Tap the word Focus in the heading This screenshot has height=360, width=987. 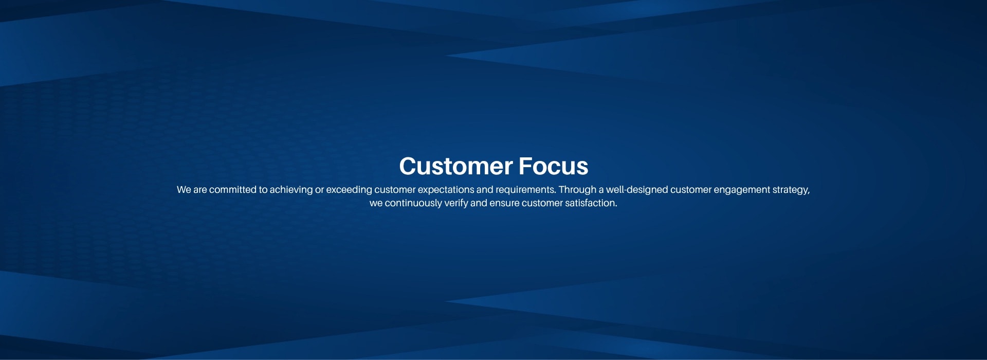553,166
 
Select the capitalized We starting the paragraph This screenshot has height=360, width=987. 184,190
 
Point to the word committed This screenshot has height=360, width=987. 232,190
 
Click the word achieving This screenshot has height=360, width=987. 291,190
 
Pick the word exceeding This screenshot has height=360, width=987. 349,190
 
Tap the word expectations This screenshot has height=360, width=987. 446,190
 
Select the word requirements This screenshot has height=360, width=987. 525,190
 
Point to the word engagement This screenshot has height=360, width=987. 741,190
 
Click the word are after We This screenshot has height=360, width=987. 200,190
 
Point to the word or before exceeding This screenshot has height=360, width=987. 319,190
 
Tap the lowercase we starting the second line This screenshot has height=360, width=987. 376,204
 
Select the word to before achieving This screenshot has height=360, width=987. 263,190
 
